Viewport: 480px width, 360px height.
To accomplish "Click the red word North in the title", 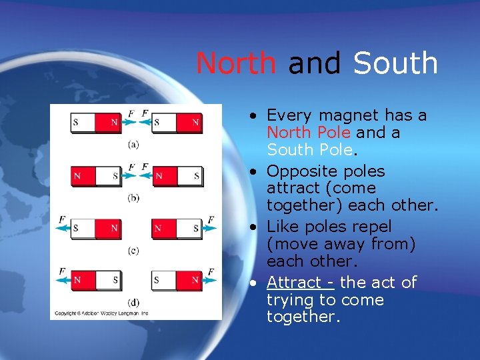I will coord(235,63).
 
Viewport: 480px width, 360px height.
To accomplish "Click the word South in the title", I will coord(395,63).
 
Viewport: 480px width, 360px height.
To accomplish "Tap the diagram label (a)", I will coord(133,143).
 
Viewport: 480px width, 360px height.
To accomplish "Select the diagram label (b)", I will coord(133,197).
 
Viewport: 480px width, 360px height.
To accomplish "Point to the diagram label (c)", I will coord(133,250).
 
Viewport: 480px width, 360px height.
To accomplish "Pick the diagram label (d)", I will coord(133,302).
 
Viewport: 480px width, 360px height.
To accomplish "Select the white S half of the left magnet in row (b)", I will coord(109,176).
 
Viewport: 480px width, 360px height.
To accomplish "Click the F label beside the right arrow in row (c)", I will coord(211,219).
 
